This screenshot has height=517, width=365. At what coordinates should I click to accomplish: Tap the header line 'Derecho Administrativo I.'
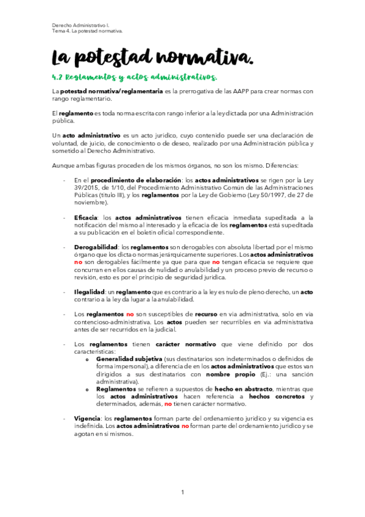pos(79,24)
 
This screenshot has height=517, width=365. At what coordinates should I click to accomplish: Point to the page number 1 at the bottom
pos(182,493)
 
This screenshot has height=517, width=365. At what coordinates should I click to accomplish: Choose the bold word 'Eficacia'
pos(88,217)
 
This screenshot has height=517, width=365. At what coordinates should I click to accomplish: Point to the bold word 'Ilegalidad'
pos(90,292)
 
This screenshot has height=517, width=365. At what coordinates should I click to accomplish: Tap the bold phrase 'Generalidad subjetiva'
pos(128,359)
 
